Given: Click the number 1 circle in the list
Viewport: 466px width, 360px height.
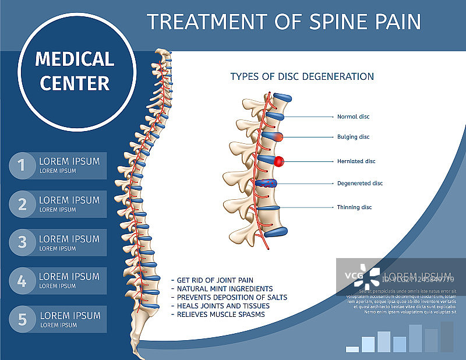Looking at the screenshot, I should pyautogui.click(x=22, y=165).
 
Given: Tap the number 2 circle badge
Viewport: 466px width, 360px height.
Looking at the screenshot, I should pyautogui.click(x=22, y=204).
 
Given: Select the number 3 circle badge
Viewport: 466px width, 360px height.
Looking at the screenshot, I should pyautogui.click(x=22, y=242).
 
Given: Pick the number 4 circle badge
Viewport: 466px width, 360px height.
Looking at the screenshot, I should pyautogui.click(x=22, y=281).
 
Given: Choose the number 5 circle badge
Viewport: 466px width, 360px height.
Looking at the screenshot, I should pyautogui.click(x=22, y=319).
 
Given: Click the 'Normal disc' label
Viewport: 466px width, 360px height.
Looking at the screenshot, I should pyautogui.click(x=353, y=117).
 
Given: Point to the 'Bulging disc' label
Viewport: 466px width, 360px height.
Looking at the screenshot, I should pyautogui.click(x=353, y=137).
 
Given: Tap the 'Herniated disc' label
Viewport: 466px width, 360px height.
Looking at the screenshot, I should pyautogui.click(x=356, y=161).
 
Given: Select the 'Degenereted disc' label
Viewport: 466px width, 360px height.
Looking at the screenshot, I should pyautogui.click(x=359, y=183).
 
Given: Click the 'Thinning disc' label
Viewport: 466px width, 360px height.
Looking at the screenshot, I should pyautogui.click(x=354, y=207).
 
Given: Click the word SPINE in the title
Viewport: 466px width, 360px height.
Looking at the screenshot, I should pyautogui.click(x=329, y=22).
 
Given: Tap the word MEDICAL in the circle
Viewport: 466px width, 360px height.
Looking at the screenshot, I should pyautogui.click(x=75, y=59).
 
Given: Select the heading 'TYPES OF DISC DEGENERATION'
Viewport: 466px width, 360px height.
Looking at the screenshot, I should pyautogui.click(x=302, y=76).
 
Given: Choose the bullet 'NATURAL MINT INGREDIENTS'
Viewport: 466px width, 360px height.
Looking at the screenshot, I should pyautogui.click(x=222, y=289).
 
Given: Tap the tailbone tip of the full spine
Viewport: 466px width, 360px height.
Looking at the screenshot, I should pyautogui.click(x=140, y=355).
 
